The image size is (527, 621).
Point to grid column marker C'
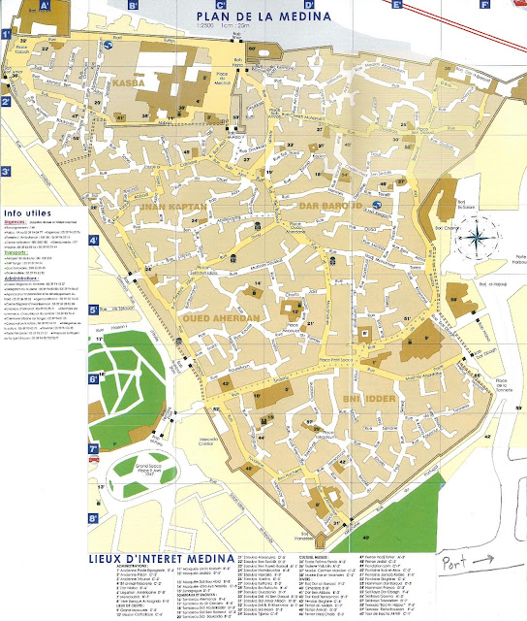tap(222, 5)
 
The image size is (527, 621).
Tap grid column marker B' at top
tap(133, 5)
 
